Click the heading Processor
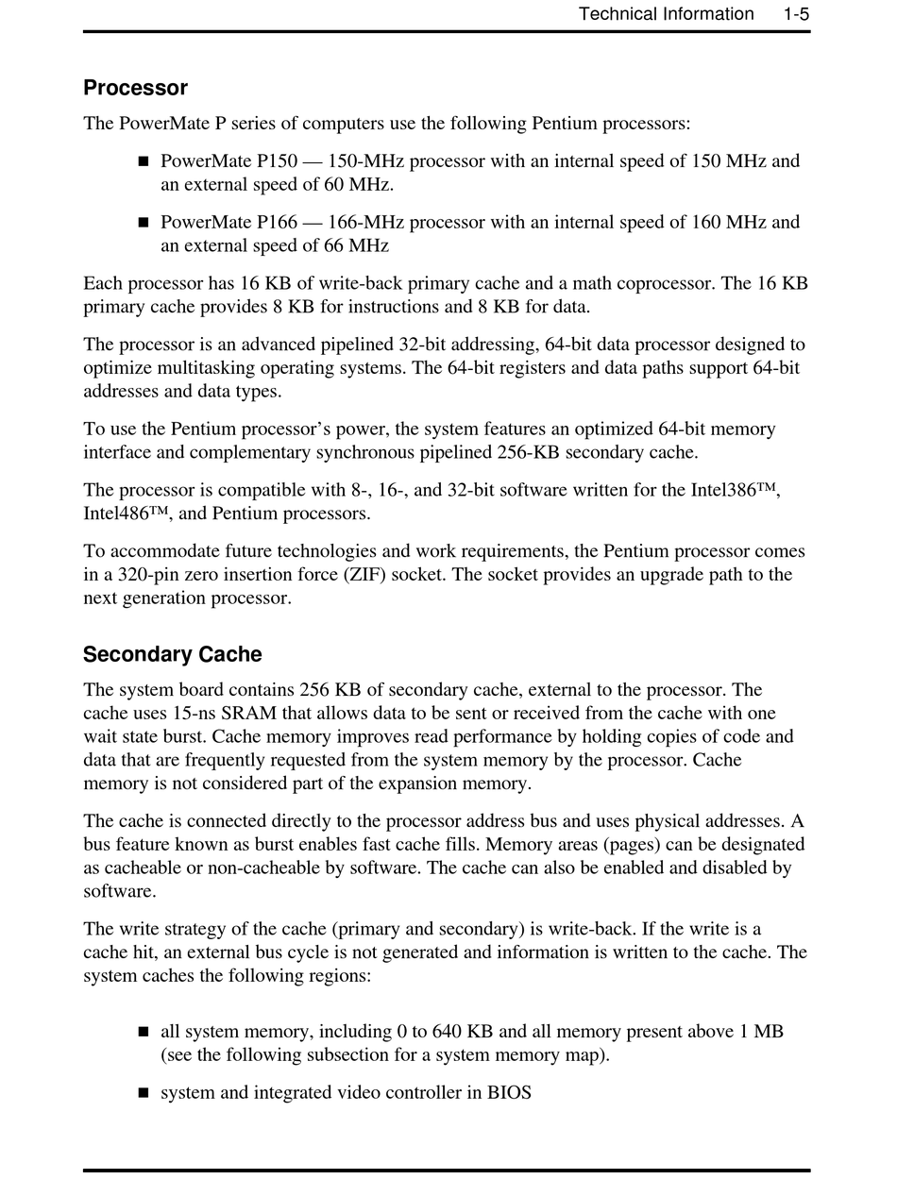135,88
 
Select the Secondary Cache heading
172,654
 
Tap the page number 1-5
796,14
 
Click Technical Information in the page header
666,14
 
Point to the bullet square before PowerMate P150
144,161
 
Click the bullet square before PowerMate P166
144,223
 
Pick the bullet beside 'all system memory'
144,1032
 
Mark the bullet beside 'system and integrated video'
144,1093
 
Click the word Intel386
730,490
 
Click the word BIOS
509,1093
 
